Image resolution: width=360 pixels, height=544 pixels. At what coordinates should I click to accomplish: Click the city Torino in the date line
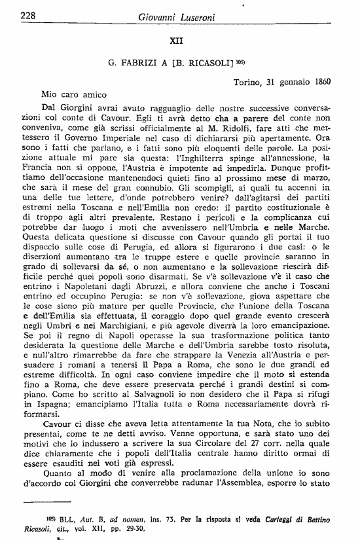[x=248, y=82]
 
